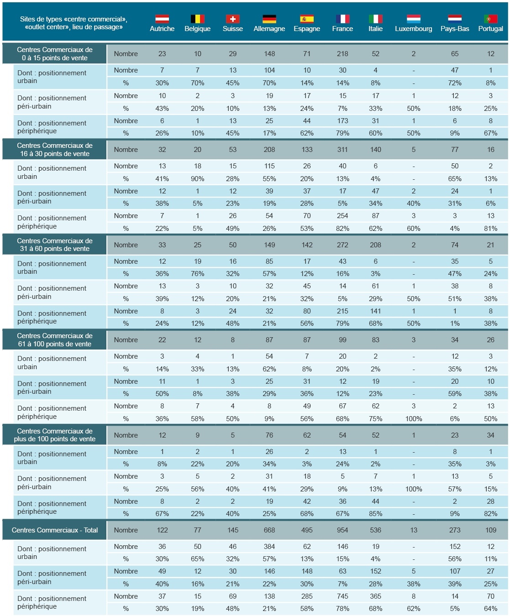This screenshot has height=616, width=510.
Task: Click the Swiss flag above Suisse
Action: pyautogui.click(x=232, y=19)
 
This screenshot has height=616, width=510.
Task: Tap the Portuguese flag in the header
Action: pyautogui.click(x=490, y=19)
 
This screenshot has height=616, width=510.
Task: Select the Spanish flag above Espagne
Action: pyautogui.click(x=307, y=19)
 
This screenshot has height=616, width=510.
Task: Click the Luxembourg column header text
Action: pyautogui.click(x=413, y=29)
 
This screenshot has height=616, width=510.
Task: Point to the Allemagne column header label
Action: pyautogui.click(x=269, y=29)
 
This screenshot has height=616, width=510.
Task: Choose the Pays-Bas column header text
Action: pyautogui.click(x=454, y=29)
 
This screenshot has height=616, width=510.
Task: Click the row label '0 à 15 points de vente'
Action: pyautogui.click(x=55, y=58)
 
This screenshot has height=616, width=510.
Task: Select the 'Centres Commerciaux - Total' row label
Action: pyautogui.click(x=55, y=530)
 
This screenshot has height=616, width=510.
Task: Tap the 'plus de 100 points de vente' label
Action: pyautogui.click(x=55, y=439)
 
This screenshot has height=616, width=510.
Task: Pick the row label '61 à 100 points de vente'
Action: pyautogui.click(x=55, y=344)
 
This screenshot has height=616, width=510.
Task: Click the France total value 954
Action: pyautogui.click(x=342, y=530)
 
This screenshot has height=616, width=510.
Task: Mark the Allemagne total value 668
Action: pyautogui.click(x=269, y=530)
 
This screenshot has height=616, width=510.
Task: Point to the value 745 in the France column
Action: pyautogui.click(x=342, y=596)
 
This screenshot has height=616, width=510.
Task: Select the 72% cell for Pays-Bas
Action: pyautogui.click(x=454, y=83)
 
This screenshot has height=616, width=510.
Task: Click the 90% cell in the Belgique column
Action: pyautogui.click(x=197, y=178)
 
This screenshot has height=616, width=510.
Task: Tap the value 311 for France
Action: pyautogui.click(x=342, y=150)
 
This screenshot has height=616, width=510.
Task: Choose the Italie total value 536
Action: pyautogui.click(x=375, y=530)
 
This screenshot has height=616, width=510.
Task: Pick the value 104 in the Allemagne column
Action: pyautogui.click(x=269, y=70)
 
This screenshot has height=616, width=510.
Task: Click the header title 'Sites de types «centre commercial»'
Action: pyautogui.click(x=74, y=19)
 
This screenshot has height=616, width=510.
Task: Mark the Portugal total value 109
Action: pyautogui.click(x=490, y=530)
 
